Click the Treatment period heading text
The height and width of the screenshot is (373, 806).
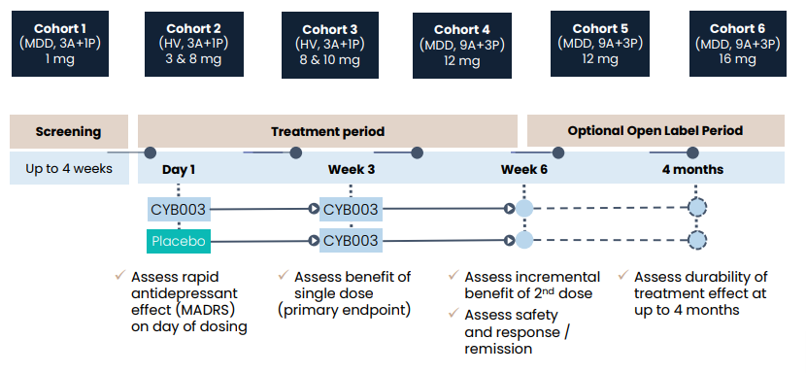tap(327, 131)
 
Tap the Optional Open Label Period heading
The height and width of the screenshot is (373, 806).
tap(655, 131)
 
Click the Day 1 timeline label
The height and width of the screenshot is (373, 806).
tap(179, 169)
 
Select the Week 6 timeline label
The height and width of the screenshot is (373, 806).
tap(523, 169)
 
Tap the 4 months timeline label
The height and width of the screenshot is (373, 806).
tap(692, 169)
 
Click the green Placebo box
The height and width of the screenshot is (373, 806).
tap(178, 241)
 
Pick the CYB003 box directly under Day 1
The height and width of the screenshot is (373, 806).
tap(178, 208)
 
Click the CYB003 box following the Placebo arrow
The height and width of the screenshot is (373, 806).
tap(351, 241)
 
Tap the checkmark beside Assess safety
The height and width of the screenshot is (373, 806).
tap(453, 313)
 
